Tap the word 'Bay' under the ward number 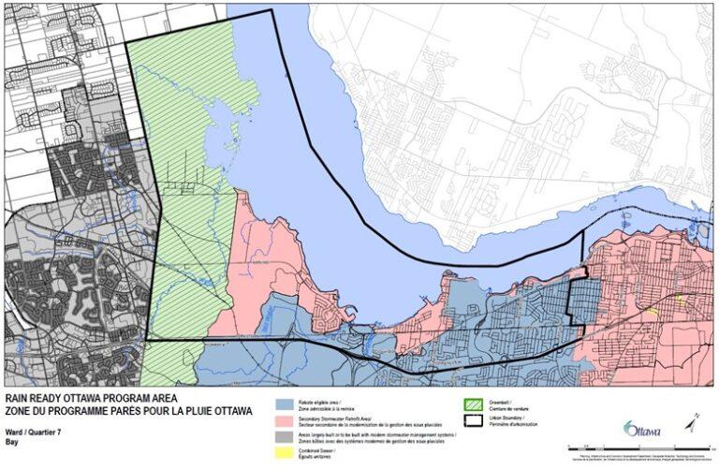12,439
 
